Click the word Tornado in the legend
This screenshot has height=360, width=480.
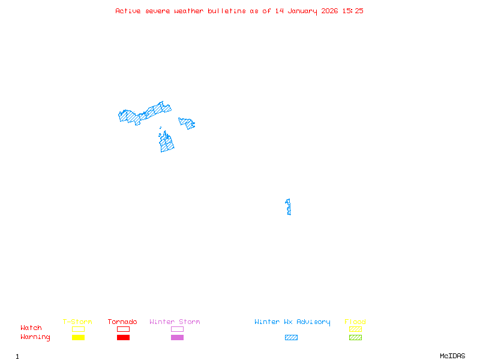pyautogui.click(x=122, y=322)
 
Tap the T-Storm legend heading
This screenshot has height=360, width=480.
pyautogui.click(x=77, y=322)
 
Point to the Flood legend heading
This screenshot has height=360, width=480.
pyautogui.click(x=355, y=322)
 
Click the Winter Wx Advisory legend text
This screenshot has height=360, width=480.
pyautogui.click(x=292, y=322)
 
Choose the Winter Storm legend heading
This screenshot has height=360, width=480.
pyautogui.click(x=175, y=322)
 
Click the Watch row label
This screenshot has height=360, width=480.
pyautogui.click(x=31, y=328)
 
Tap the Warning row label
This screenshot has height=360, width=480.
pyautogui.click(x=35, y=337)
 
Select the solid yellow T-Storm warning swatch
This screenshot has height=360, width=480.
pyautogui.click(x=78, y=338)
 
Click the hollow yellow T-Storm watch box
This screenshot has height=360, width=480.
pyautogui.click(x=78, y=329)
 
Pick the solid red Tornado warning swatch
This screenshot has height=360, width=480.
pyautogui.click(x=123, y=338)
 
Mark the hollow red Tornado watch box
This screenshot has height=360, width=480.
pyautogui.click(x=123, y=329)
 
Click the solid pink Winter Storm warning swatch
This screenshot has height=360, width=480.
pyautogui.click(x=177, y=338)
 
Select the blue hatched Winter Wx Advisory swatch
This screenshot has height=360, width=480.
pyautogui.click(x=291, y=338)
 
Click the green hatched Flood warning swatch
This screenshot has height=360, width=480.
pyautogui.click(x=355, y=338)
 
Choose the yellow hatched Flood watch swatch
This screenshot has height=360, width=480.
pyautogui.click(x=355, y=329)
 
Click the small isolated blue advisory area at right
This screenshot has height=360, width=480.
pyautogui.click(x=289, y=207)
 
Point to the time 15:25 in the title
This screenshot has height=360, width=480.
pyautogui.click(x=353, y=11)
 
